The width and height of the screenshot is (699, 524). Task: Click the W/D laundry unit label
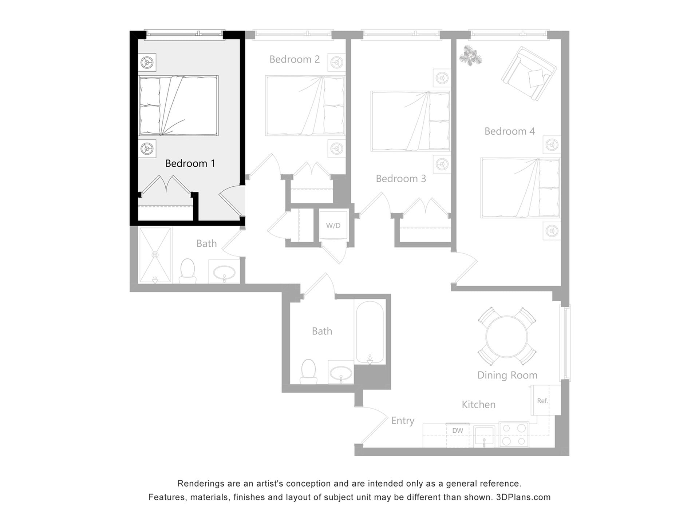click(x=333, y=226)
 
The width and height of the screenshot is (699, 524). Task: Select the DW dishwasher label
click(x=458, y=431)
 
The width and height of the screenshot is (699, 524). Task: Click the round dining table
click(x=506, y=336)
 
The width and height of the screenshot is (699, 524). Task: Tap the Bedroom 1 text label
click(x=190, y=163)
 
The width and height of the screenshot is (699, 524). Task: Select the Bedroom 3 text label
click(x=400, y=179)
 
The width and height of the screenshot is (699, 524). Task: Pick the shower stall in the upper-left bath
click(x=155, y=255)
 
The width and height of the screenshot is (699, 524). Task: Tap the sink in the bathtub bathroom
click(x=341, y=373)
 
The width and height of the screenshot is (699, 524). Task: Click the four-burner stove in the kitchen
click(x=514, y=434)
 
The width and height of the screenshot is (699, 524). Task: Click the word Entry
click(x=403, y=421)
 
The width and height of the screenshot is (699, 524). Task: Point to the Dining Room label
click(x=507, y=375)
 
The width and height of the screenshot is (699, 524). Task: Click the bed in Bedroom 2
click(x=305, y=106)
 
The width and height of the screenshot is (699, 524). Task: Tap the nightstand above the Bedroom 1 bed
click(x=147, y=63)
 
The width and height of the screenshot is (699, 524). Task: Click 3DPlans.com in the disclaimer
click(x=523, y=497)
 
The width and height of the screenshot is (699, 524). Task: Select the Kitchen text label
click(x=478, y=405)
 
